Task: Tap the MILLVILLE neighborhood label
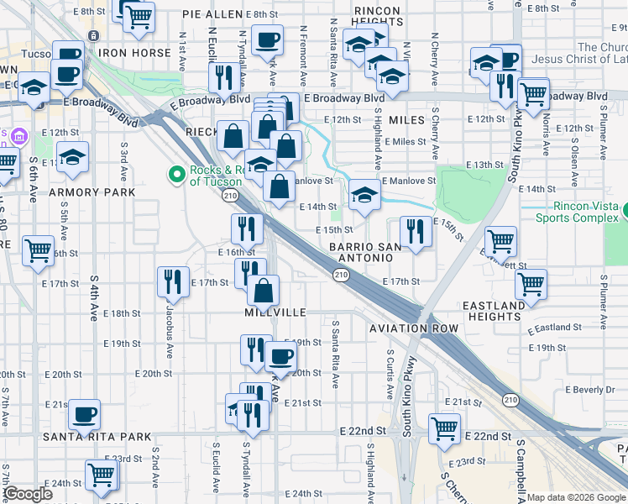point(275,312)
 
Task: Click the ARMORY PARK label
point(92,192)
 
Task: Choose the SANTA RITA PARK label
point(98,437)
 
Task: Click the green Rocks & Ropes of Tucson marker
point(176,175)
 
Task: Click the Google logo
point(29,494)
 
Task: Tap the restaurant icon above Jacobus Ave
point(173,281)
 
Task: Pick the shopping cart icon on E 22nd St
point(444,428)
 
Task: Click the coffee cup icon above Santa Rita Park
point(83,413)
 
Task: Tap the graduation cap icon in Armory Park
point(73,158)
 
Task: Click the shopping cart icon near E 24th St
point(102,475)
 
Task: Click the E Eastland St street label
point(555,328)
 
